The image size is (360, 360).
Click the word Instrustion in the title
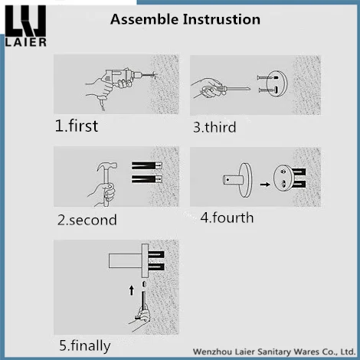[221, 19]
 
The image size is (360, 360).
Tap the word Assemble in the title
[144, 20]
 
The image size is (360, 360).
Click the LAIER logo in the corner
[25, 26]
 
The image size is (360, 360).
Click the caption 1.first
[77, 126]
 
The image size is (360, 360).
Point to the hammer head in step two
[107, 166]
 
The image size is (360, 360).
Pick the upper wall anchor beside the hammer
[147, 165]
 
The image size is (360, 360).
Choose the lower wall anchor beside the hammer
[147, 178]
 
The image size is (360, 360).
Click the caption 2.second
[87, 220]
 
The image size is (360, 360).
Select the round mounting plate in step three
[277, 83]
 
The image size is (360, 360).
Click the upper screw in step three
[267, 77]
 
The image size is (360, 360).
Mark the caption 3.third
[214, 127]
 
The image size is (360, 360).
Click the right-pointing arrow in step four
[265, 184]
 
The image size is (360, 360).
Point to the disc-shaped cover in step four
[246, 180]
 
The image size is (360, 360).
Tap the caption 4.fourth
[227, 218]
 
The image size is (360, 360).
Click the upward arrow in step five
[132, 290]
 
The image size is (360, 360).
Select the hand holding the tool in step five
[141, 319]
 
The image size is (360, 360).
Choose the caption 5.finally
[85, 346]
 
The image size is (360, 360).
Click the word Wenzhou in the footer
[212, 352]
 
